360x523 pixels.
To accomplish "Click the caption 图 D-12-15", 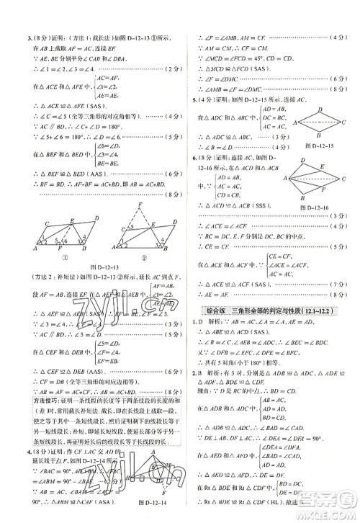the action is tap(315, 148).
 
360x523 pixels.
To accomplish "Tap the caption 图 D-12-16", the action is tap(318, 206).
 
